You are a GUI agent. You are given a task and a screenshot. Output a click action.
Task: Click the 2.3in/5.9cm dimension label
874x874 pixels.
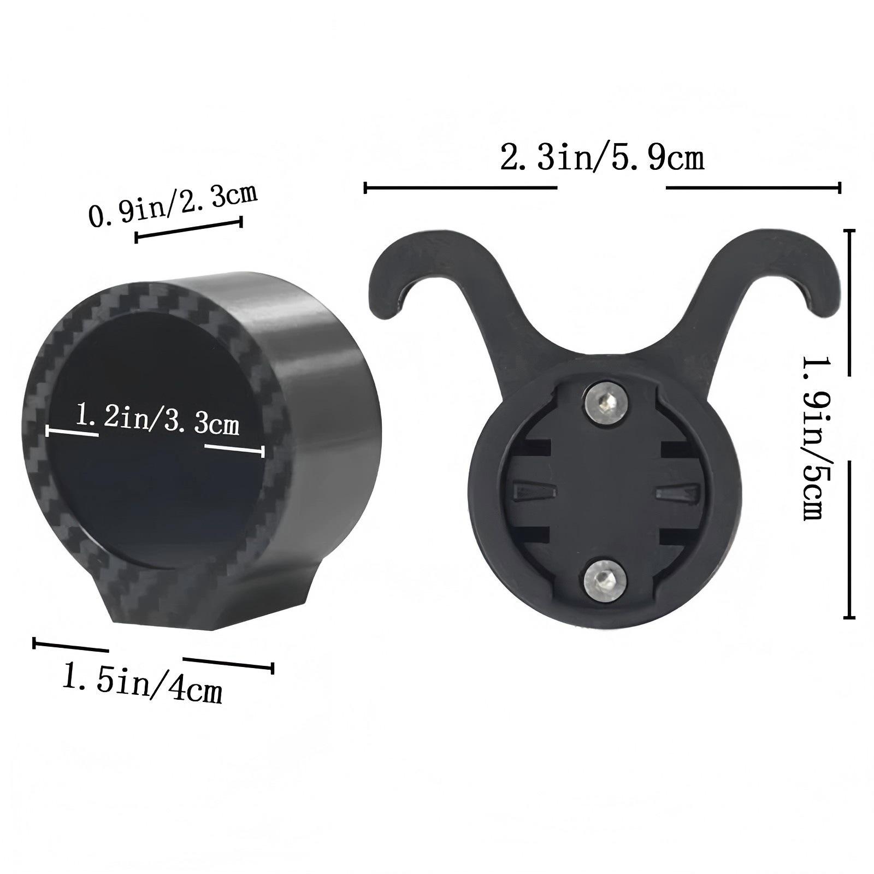pyautogui.click(x=602, y=159)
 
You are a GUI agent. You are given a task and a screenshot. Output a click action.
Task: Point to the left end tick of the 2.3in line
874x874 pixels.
pyautogui.click(x=365, y=188)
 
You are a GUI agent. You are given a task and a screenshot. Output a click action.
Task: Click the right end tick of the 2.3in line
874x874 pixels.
pyautogui.click(x=839, y=188)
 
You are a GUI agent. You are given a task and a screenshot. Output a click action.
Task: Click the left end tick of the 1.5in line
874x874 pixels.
pyautogui.click(x=34, y=643)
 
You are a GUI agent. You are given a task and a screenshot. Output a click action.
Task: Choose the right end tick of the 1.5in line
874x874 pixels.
pyautogui.click(x=272, y=668)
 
